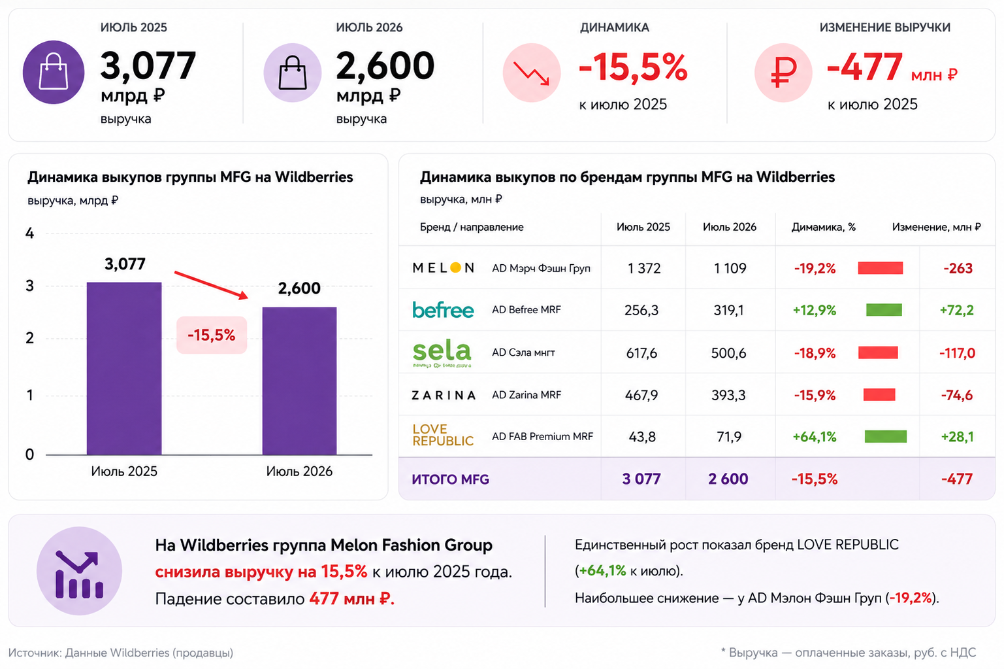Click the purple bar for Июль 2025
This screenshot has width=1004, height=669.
coord(124,368)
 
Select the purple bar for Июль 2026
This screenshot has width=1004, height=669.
coord(299,381)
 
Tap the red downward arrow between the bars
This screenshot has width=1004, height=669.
coord(211,285)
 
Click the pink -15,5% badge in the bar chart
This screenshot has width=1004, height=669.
coord(212,335)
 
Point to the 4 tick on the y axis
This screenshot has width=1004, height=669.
coord(29,233)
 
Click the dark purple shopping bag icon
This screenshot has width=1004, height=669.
coord(54,72)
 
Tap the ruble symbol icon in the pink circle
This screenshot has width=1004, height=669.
coord(783,73)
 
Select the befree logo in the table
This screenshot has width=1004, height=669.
coord(443,309)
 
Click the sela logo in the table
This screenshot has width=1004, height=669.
coord(442,354)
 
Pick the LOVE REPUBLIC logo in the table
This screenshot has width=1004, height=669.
coord(443,436)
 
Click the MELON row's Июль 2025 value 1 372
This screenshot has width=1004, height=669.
coord(644,268)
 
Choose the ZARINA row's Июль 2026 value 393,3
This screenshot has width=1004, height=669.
coord(729,395)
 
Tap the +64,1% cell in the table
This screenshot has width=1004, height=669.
coord(815,437)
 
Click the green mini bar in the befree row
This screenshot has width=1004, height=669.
coord(884,309)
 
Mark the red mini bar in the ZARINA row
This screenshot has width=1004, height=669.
coord(879,395)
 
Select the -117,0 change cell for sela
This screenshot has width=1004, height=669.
coord(957,353)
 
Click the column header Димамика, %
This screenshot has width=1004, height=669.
coord(823,227)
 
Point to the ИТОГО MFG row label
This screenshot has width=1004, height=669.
coord(451,479)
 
